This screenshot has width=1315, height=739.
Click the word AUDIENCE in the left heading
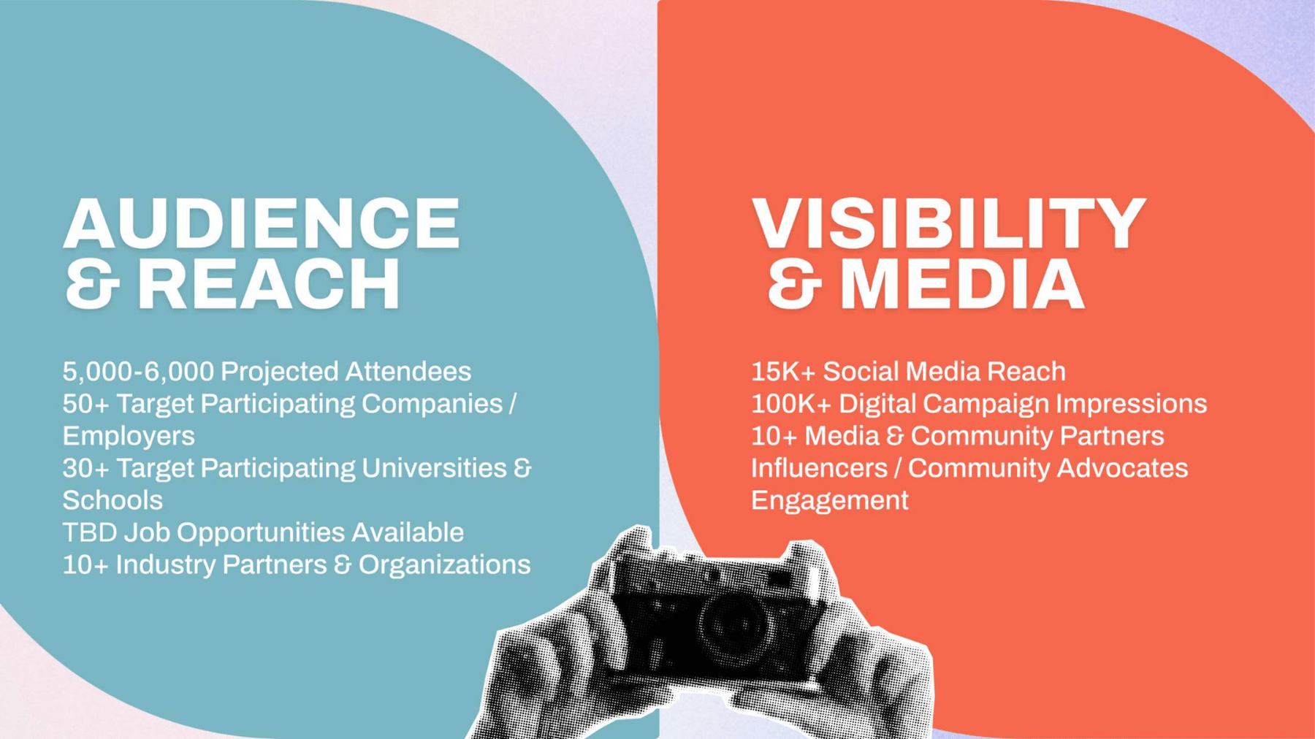click(262, 223)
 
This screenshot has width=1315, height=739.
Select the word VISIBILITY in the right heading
click(949, 223)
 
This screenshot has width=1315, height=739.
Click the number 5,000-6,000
click(138, 372)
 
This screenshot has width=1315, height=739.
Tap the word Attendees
click(408, 372)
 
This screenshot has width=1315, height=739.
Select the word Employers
click(129, 437)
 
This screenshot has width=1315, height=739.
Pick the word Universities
click(434, 468)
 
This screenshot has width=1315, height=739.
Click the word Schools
click(113, 500)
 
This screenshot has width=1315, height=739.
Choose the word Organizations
click(444, 565)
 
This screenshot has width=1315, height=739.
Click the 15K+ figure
click(782, 372)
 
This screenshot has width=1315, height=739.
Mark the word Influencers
click(819, 468)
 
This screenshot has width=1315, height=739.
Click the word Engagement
click(830, 501)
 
